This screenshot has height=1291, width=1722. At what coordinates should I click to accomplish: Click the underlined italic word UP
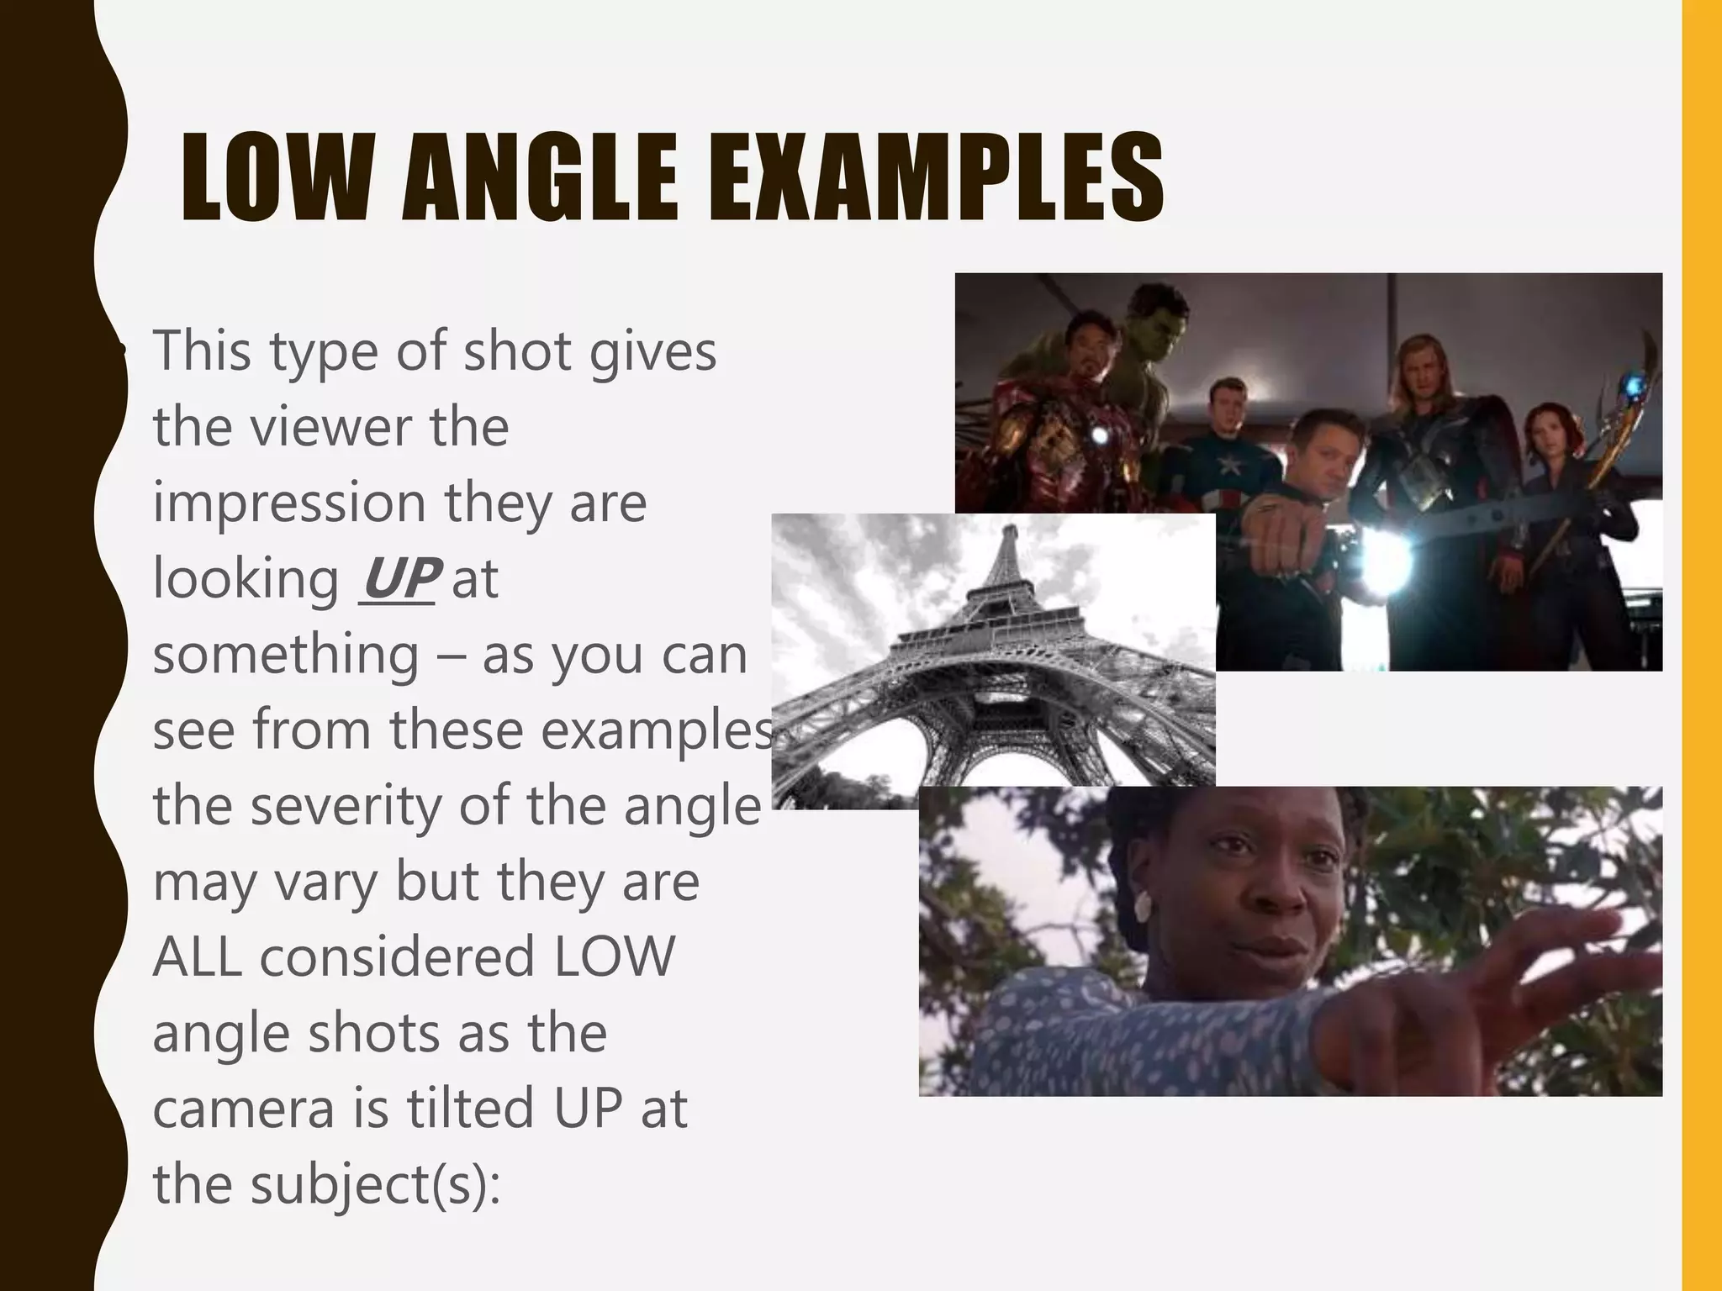pos(398,578)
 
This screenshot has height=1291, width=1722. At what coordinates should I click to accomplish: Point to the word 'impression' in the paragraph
pos(289,503)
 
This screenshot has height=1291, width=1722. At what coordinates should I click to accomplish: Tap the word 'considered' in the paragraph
pos(398,956)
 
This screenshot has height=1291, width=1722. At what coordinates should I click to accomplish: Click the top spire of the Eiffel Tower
pos(1011,531)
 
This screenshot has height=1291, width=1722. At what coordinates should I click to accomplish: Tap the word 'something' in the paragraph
pos(286,654)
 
